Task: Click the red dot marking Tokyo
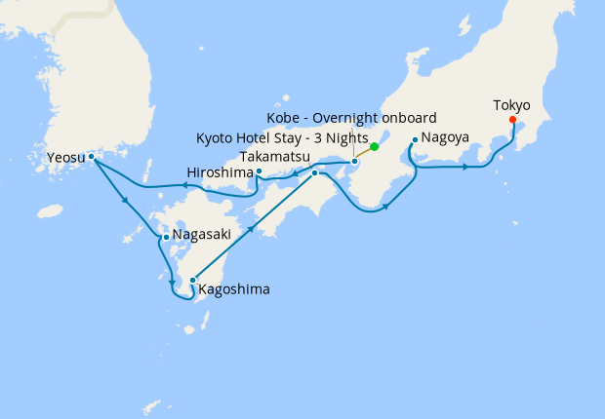click(513, 122)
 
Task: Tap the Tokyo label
click(512, 105)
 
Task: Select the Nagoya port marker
click(415, 139)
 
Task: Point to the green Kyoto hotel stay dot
click(375, 147)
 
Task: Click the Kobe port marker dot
click(354, 161)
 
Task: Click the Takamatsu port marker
click(315, 172)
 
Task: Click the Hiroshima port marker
click(259, 171)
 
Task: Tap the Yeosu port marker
click(91, 156)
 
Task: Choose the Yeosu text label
click(65, 156)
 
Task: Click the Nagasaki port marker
click(167, 237)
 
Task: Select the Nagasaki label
click(202, 235)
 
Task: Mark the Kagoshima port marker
click(193, 280)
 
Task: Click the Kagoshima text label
click(234, 288)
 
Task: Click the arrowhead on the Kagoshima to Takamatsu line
click(254, 228)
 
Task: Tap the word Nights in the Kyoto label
click(347, 137)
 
